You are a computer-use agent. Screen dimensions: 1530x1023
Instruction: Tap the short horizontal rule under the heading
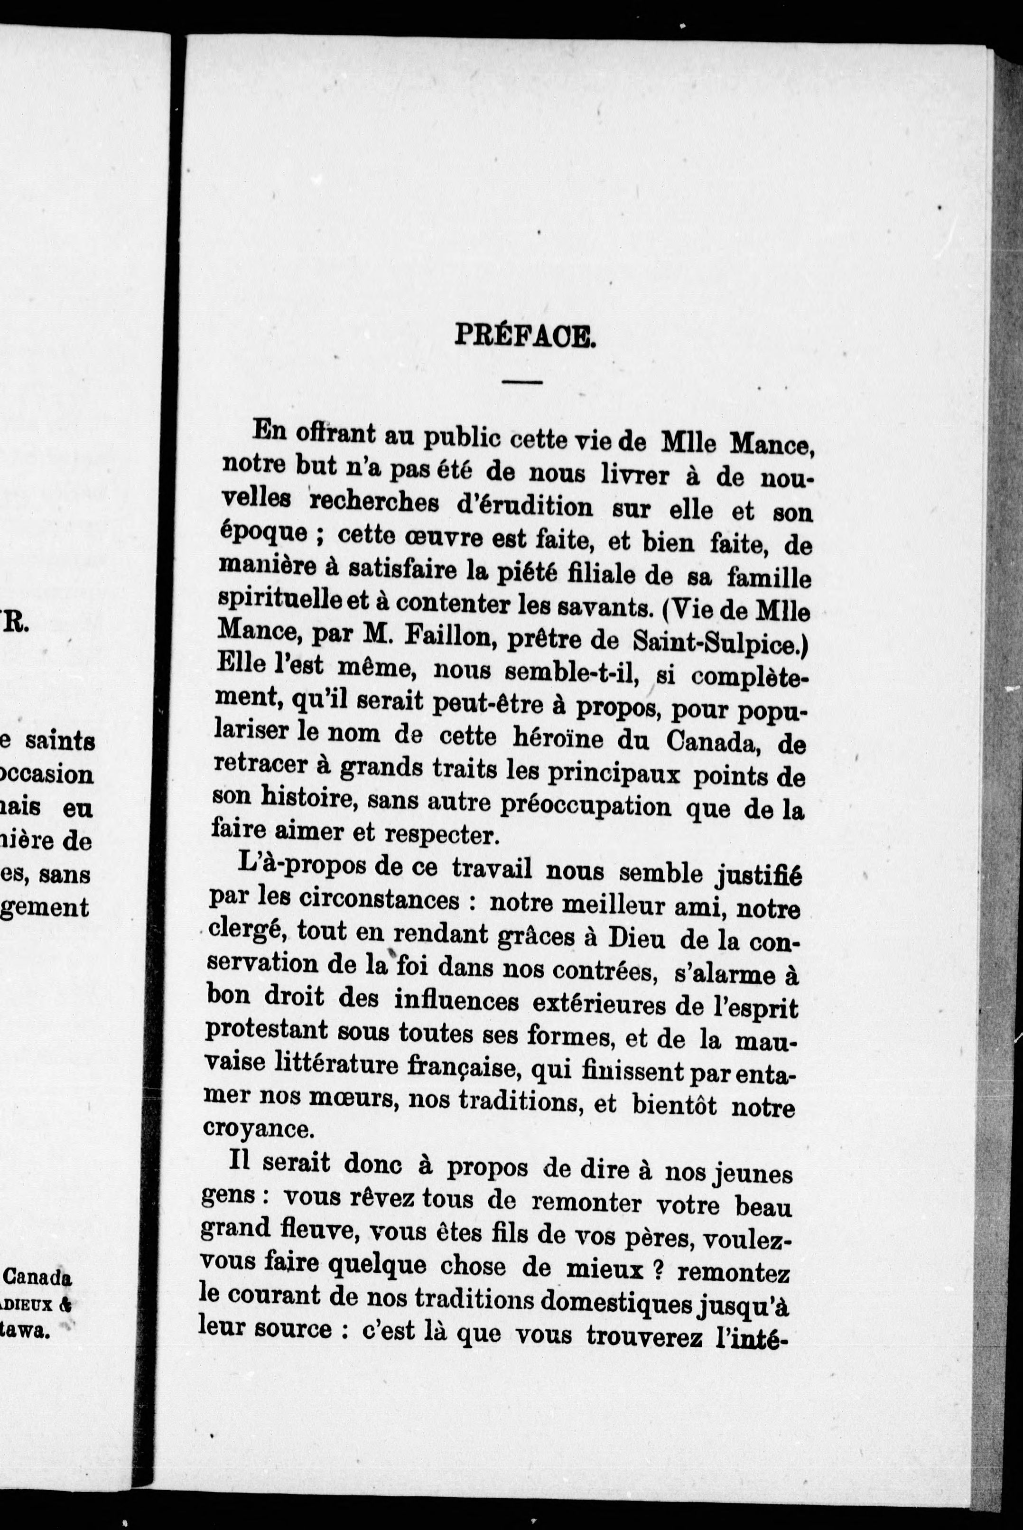click(x=522, y=381)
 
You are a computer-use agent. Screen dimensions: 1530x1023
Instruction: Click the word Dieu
click(x=636, y=940)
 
